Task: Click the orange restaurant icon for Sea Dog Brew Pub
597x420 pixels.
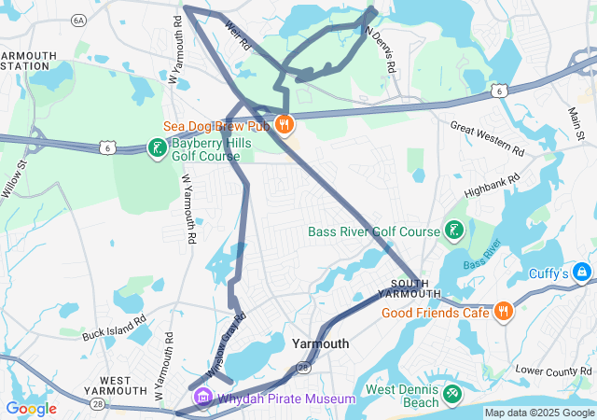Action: click(285, 123)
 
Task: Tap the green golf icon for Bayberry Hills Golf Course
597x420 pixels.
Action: click(157, 147)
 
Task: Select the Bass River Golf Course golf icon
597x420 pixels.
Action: click(454, 231)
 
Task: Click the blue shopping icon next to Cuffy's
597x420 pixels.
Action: click(583, 272)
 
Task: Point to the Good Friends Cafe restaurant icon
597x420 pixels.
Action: click(503, 312)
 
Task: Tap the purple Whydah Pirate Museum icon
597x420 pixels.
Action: click(202, 399)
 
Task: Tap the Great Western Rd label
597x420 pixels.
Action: click(486, 137)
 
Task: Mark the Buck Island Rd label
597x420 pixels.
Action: click(114, 328)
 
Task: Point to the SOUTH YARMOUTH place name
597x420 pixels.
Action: click(410, 288)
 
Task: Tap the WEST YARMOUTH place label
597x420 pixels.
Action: click(120, 384)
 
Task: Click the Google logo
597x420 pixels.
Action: click(31, 409)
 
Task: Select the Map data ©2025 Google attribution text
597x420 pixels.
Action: click(539, 413)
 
